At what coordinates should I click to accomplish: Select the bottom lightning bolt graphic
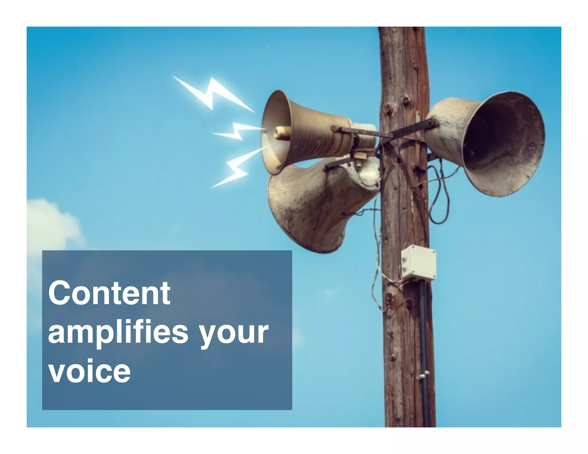235,169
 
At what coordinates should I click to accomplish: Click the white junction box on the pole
418,263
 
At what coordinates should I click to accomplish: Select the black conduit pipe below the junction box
424,330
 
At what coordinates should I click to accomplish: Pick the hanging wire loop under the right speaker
439,201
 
